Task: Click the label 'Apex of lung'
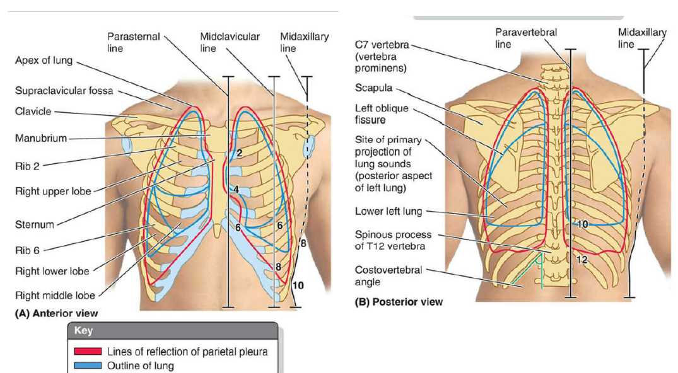44,60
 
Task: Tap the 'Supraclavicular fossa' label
64,91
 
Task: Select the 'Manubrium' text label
41,139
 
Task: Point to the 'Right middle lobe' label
55,295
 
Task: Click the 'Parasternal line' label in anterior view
133,42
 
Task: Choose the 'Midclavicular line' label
230,42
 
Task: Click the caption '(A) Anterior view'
57,313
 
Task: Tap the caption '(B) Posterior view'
399,302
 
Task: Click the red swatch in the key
88,352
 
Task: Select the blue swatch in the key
88,365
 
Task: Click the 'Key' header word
83,331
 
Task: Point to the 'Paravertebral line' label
526,38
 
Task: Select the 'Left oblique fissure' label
382,114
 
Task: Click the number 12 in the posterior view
582,259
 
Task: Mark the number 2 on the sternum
240,153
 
